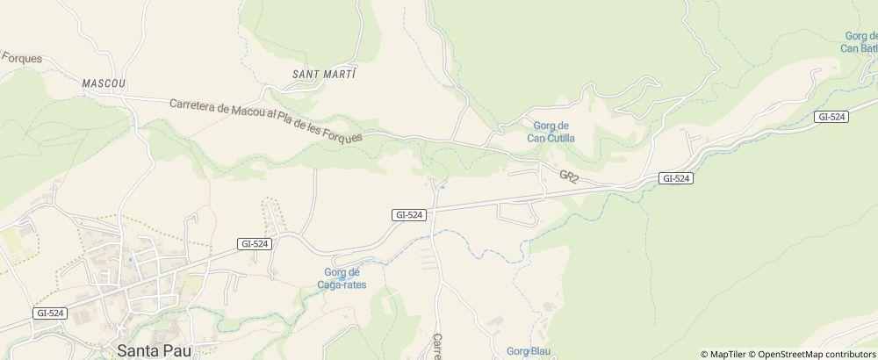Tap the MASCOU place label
point(104,83)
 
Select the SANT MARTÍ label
point(324,74)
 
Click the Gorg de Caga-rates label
point(342,278)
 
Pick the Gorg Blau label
point(529,351)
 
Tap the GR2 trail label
point(569,176)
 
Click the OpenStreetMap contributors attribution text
point(817,354)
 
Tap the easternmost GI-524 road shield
point(831,117)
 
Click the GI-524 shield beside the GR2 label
point(676,178)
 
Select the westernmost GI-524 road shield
point(51,313)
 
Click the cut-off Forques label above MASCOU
point(21,58)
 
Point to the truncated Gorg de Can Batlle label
point(860,42)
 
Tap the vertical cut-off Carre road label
point(436,346)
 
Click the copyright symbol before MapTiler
point(704,354)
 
